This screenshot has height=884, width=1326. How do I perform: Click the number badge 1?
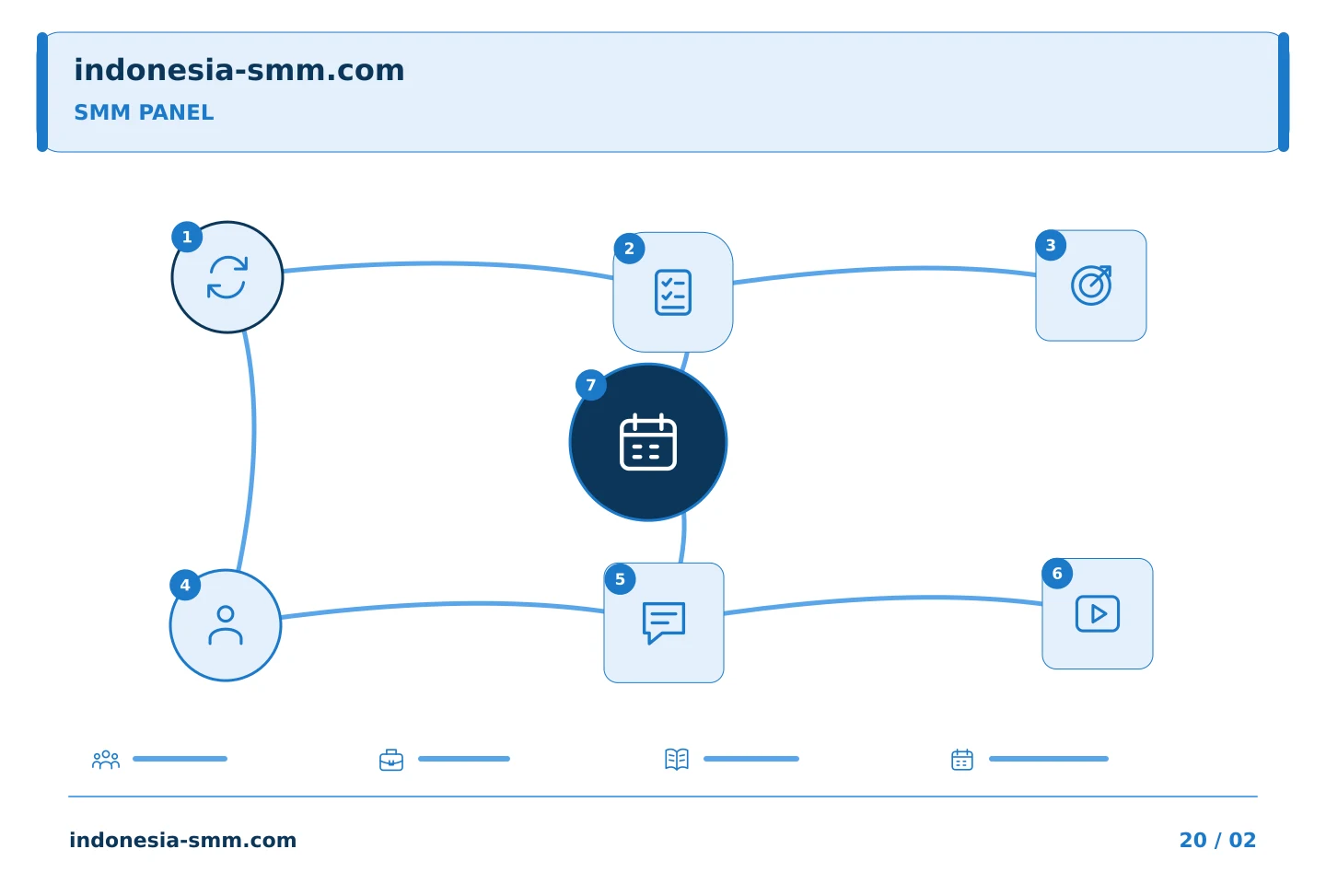[187, 238]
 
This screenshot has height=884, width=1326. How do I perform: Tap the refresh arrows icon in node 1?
[227, 277]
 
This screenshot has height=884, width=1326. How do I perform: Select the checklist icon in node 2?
[673, 293]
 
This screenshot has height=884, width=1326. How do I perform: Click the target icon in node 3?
[1091, 285]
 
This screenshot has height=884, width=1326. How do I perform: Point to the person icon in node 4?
[226, 625]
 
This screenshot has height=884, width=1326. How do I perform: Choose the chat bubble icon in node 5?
[664, 622]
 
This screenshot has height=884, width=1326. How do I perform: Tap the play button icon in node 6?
[1098, 614]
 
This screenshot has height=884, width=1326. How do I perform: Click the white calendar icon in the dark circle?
[648, 442]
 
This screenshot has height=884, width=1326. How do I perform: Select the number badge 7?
[591, 386]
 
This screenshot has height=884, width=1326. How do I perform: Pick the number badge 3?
[1051, 246]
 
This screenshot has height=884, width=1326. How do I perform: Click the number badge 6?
[1057, 574]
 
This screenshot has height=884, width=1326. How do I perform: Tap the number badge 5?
[620, 579]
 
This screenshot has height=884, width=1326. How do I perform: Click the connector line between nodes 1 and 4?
[253, 450]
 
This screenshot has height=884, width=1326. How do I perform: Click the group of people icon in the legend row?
[106, 759]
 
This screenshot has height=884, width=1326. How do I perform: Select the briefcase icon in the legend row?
[391, 760]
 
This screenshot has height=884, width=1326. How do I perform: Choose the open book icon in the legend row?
[677, 759]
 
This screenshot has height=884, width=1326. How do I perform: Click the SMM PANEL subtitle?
[144, 112]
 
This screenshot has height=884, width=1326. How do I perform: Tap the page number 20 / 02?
[1217, 840]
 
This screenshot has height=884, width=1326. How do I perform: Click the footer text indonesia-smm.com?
[183, 840]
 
